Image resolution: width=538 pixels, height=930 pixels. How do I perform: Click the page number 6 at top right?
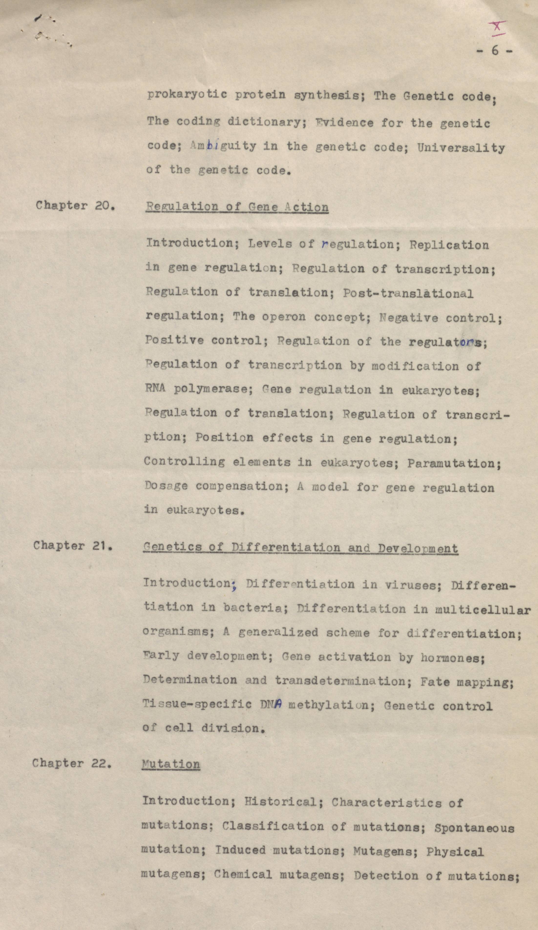[x=495, y=51]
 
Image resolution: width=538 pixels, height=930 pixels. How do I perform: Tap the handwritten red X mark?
[x=497, y=28]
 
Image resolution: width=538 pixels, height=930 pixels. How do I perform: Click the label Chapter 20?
[x=74, y=205]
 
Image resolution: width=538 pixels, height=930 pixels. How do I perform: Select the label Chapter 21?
[x=73, y=545]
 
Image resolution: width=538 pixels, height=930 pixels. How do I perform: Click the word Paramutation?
[x=454, y=463]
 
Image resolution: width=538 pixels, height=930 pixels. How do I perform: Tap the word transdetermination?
[x=340, y=681]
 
